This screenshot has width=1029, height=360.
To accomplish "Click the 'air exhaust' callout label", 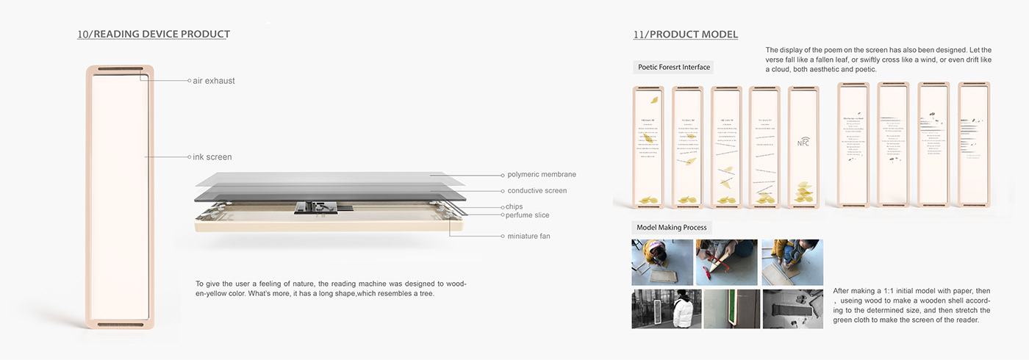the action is click(214, 81).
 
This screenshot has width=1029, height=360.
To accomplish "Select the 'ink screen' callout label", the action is click(212, 157).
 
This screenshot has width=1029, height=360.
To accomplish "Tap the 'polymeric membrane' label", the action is click(542, 175).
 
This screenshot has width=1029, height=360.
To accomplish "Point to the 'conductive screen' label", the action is click(537, 191).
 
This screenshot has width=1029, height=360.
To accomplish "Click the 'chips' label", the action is click(514, 207).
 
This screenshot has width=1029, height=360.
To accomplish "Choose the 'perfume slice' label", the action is click(527, 215).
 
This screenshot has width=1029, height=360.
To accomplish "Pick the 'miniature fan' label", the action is click(528, 237).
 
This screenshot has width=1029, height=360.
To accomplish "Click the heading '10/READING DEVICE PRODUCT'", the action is click(154, 35).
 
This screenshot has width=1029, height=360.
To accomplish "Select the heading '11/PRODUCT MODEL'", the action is click(686, 35).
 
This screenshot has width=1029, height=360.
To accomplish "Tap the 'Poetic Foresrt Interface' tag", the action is click(674, 68).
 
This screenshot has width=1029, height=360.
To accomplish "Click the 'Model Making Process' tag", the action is click(672, 228).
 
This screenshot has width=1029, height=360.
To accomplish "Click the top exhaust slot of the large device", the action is click(120, 71).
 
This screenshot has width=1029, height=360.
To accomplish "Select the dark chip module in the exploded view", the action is click(316, 207).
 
